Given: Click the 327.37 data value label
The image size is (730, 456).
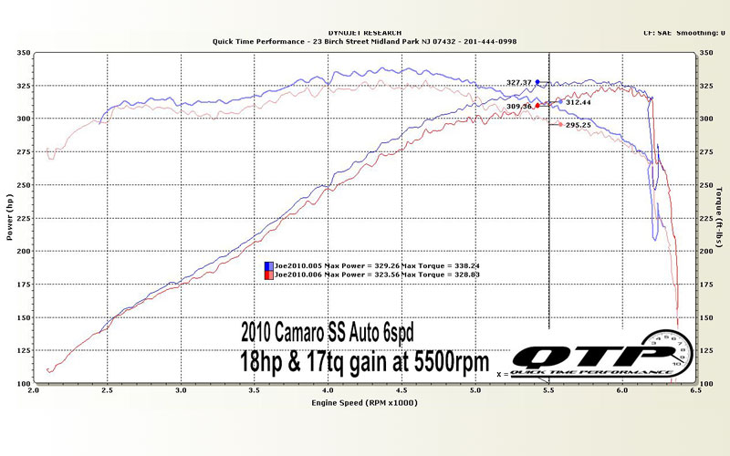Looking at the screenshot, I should point(519,82).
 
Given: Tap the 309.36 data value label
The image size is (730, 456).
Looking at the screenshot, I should point(519,107).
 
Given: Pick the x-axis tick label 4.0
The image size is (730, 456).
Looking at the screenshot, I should point(328,390).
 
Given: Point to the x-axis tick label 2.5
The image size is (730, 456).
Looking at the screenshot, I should point(107,390).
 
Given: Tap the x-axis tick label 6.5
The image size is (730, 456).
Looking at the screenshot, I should point(696,390).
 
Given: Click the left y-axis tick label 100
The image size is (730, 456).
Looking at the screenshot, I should point(21,383).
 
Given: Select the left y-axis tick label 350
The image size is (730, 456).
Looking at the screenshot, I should point(21,54).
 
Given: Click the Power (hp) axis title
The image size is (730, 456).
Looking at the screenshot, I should point(8,219).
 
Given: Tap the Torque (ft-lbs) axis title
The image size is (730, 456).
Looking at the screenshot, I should point(721,219).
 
